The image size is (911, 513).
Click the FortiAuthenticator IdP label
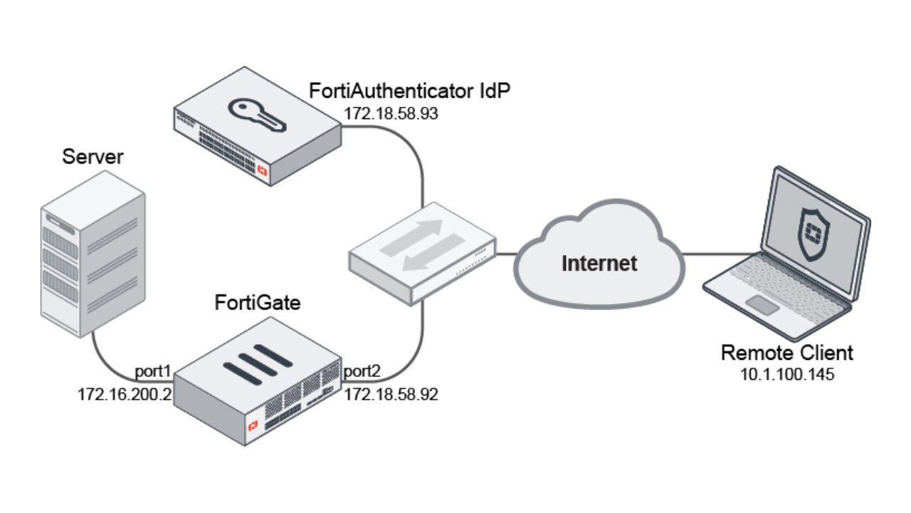click(410, 91)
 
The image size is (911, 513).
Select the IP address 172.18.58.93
click(390, 113)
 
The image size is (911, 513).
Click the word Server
click(93, 157)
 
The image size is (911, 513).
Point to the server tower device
click(93, 264)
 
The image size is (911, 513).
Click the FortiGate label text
click(258, 303)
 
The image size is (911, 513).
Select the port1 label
click(154, 372)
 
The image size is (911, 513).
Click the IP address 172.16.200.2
click(125, 394)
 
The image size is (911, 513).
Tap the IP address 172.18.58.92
click(391, 394)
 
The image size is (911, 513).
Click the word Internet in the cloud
click(599, 263)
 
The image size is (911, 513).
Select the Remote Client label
click(786, 353)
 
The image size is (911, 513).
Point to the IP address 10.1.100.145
click(786, 374)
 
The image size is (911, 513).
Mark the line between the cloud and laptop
click(719, 253)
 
